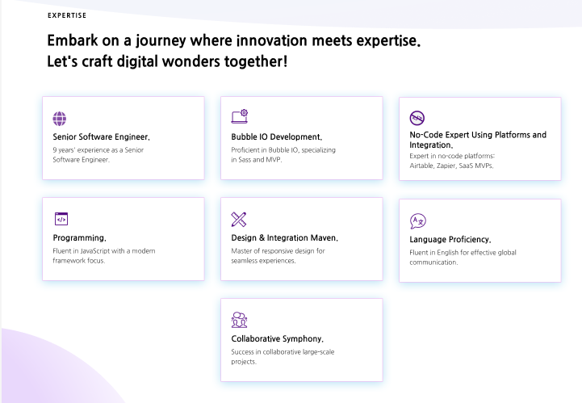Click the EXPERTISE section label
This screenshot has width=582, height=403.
coord(67,15)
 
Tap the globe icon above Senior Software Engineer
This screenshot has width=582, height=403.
coord(60,119)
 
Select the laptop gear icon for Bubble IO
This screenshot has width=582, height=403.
coord(240,116)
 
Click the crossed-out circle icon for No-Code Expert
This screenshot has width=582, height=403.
coord(417,118)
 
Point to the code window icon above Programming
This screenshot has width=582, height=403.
coord(61,219)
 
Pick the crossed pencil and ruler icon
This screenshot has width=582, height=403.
coord(239,219)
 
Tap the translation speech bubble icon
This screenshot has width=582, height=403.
coord(418,221)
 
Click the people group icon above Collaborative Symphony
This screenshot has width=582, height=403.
coord(239,320)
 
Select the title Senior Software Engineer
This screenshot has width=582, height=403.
coord(102,137)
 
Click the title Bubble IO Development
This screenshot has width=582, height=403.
coord(277,137)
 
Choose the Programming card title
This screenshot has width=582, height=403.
coord(79,238)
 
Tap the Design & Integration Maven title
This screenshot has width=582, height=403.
coord(285,237)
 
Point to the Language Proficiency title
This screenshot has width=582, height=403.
coord(450,240)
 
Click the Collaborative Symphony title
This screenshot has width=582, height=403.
coord(277,338)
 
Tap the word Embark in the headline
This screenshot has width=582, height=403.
coord(73,40)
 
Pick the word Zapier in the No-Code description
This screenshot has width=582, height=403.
coord(446,166)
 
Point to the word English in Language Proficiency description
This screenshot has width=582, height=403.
coord(448,253)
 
